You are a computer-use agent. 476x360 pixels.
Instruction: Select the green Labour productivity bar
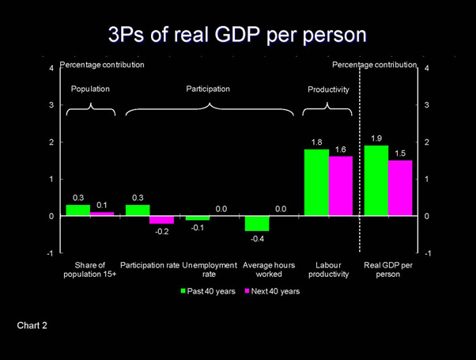316,183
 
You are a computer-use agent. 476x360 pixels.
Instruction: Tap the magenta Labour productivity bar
341,186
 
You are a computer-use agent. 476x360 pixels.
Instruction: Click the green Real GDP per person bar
376,181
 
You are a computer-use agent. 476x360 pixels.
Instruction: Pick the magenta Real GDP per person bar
401,188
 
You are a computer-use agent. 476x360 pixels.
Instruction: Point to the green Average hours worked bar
257,223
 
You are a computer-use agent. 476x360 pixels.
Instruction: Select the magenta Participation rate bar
161,220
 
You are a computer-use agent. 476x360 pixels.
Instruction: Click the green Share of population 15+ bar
77,210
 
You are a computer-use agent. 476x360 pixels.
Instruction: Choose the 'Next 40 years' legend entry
271,291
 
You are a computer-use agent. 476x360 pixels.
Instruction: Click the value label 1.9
376,139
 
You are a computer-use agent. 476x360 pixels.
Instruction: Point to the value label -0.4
257,238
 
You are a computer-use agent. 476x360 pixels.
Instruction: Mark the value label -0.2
161,231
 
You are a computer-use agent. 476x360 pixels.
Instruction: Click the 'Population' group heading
90,89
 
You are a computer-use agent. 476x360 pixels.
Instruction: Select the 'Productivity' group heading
328,90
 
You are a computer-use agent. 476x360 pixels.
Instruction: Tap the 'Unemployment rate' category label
210,269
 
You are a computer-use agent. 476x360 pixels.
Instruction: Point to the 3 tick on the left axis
51,105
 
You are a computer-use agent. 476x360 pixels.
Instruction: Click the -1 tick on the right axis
428,253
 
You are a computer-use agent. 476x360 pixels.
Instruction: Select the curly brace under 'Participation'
210,108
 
